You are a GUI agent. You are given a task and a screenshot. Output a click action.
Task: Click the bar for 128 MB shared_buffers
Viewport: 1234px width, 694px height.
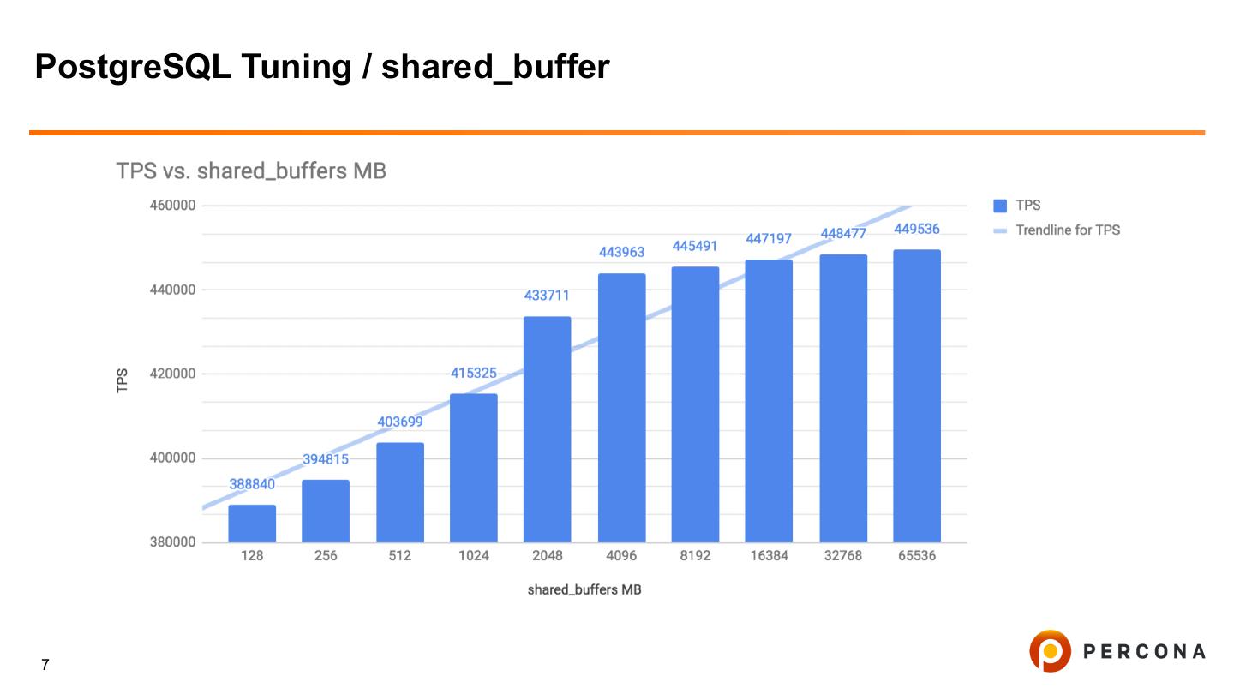click(252, 523)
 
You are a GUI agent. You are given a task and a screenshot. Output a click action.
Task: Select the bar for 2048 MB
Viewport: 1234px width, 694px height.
click(547, 429)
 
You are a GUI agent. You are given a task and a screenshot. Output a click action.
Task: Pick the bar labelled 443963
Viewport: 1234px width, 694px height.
click(621, 408)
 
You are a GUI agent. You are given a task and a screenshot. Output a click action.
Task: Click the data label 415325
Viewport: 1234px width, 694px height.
click(474, 374)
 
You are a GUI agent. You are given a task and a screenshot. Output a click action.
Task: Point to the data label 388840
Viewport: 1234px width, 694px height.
click(252, 484)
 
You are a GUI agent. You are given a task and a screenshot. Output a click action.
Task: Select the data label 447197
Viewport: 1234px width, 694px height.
click(769, 239)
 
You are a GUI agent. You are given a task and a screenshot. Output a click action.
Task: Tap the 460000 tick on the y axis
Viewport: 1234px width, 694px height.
click(173, 206)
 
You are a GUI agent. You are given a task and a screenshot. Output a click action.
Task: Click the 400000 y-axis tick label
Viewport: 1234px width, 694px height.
click(173, 458)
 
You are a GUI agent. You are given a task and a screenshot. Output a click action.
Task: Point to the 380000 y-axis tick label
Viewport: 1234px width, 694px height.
click(173, 542)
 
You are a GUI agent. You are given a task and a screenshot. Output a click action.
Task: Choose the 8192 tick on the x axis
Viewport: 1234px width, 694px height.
click(695, 556)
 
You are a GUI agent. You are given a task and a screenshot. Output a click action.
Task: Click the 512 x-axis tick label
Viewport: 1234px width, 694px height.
click(399, 556)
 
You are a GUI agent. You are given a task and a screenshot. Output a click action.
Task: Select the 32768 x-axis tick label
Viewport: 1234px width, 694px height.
click(842, 556)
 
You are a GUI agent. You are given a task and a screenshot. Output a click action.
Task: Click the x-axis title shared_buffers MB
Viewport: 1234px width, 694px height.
click(584, 590)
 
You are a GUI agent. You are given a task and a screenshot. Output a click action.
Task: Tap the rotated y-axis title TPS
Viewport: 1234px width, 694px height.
click(122, 380)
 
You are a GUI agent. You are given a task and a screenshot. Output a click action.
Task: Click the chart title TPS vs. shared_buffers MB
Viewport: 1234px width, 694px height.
click(251, 171)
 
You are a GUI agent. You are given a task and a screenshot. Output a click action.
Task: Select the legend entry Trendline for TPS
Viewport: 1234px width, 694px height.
click(1068, 230)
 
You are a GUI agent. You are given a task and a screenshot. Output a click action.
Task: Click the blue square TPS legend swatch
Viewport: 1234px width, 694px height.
click(999, 206)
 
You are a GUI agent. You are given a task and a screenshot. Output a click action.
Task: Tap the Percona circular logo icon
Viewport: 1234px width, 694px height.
click(1050, 651)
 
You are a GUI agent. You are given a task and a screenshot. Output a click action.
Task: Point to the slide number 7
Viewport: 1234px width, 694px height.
click(45, 665)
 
